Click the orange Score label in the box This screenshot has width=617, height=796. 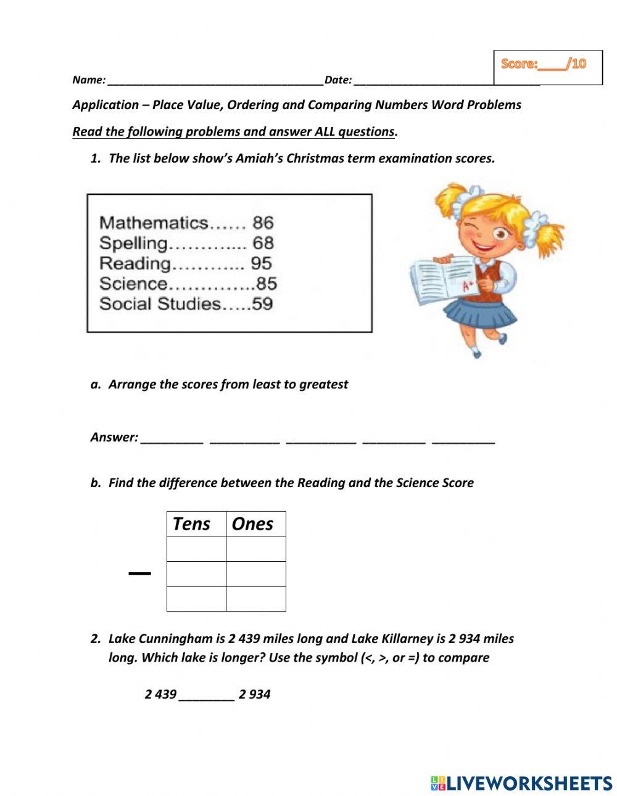click(520, 64)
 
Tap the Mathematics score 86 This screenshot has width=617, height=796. click(263, 223)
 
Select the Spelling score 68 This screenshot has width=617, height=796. click(263, 243)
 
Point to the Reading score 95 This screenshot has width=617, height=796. click(261, 263)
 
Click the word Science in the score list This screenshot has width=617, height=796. click(133, 284)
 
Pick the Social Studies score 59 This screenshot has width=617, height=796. click(262, 303)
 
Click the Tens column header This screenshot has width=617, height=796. click(191, 524)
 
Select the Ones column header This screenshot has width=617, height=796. click(252, 524)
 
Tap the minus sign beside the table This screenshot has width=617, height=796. click(139, 574)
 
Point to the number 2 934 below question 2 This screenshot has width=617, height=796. click(254, 694)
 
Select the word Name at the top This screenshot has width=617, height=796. click(88, 80)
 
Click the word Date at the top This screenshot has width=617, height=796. click(337, 80)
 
